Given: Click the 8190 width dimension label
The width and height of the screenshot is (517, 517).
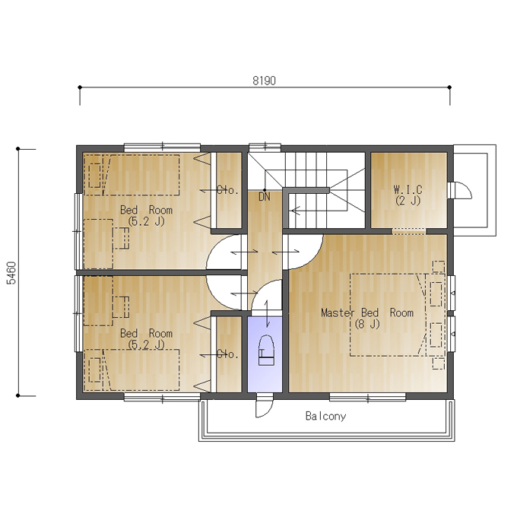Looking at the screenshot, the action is click(x=264, y=81).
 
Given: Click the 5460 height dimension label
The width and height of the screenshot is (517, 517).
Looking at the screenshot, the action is click(x=11, y=273).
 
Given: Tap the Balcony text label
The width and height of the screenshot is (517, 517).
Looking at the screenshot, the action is click(x=325, y=416).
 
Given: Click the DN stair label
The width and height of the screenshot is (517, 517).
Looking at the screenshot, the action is click(x=265, y=197).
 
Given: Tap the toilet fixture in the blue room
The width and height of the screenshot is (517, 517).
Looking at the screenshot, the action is click(x=266, y=350).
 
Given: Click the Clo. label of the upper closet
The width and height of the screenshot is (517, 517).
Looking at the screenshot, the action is click(x=228, y=190).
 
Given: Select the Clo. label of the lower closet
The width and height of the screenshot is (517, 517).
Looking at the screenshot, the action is click(x=228, y=354).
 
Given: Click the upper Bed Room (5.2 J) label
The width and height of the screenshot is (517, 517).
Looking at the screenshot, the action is click(x=146, y=215).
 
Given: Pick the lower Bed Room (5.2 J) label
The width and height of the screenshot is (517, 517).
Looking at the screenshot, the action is click(x=146, y=338).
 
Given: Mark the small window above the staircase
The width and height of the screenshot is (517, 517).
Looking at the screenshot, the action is click(x=265, y=147).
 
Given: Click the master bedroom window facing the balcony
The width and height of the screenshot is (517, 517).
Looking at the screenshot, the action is click(x=368, y=397).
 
